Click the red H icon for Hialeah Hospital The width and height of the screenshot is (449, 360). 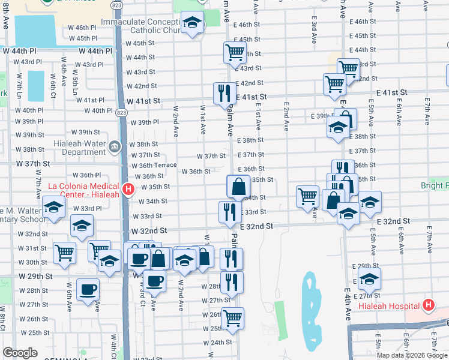[x=428, y=305]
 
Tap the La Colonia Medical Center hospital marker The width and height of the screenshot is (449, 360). [x=128, y=190]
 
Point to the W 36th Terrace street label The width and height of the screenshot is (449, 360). [x=154, y=165]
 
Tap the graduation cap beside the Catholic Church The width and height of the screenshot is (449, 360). [x=191, y=23]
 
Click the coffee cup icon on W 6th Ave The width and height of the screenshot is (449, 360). [x=88, y=289]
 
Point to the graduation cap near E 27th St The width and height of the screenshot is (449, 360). [x=369, y=278]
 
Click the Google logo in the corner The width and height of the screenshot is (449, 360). [x=20, y=353]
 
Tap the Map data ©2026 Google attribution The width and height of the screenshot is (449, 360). [x=412, y=355]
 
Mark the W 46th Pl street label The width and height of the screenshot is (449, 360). [x=82, y=28]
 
